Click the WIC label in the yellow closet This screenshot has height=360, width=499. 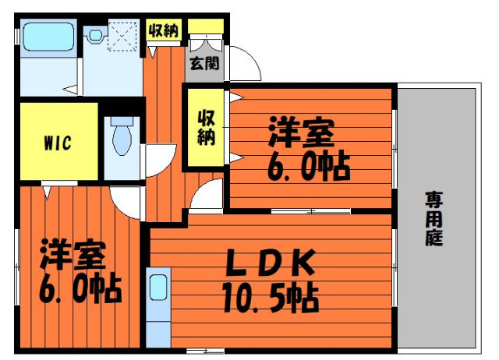[58, 143]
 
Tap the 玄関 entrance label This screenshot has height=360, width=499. [204, 64]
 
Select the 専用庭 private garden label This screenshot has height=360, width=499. [434, 218]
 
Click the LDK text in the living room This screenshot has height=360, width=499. [271, 263]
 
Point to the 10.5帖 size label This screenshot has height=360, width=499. [271, 298]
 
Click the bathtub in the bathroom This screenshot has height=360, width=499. [48, 37]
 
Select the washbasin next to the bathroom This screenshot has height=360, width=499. [95, 34]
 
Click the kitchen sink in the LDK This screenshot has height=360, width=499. [158, 287]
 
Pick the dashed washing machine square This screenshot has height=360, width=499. [124, 35]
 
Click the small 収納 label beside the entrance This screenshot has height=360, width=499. [165, 30]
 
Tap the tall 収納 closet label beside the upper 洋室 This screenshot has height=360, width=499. [206, 128]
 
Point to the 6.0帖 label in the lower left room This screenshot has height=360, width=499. [80, 290]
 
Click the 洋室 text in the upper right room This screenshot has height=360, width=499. [302, 132]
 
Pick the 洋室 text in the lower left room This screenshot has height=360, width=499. [73, 254]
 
